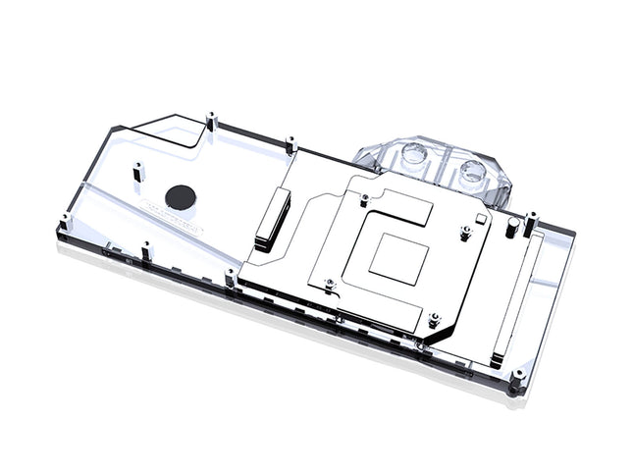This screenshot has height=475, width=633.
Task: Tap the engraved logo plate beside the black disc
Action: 173,219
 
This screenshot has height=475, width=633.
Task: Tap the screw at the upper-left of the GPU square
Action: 365,199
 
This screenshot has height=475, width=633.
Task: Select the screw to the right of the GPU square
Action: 465,234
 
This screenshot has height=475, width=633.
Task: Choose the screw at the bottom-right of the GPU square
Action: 434,320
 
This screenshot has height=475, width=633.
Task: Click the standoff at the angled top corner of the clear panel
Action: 211,124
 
